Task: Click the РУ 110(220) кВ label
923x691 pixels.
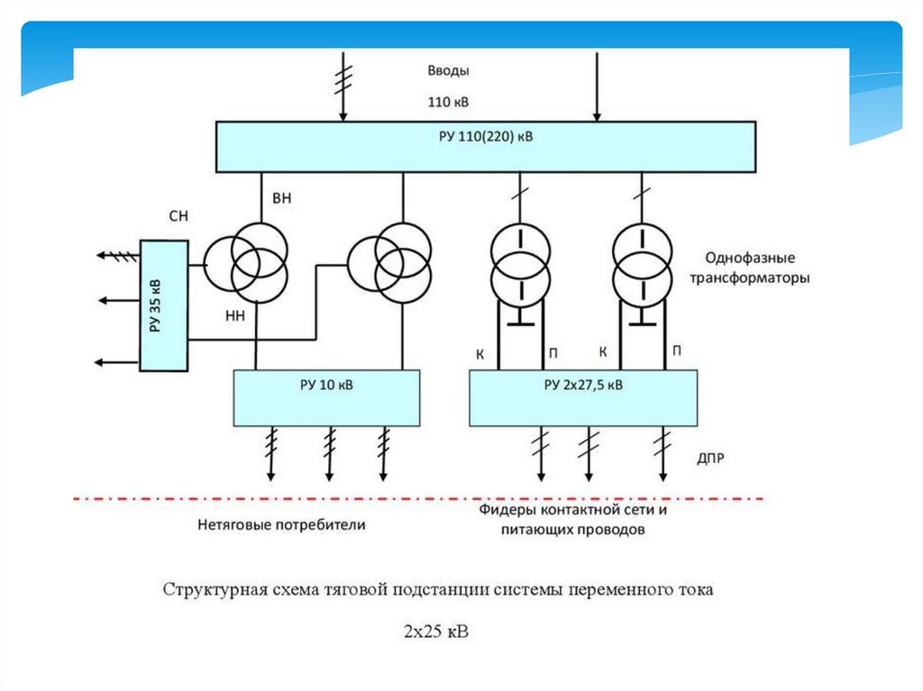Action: click(x=486, y=137)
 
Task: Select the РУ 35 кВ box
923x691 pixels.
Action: click(x=164, y=305)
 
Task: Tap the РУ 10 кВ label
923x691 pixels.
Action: click(x=326, y=385)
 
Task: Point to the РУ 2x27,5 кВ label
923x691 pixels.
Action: click(x=583, y=385)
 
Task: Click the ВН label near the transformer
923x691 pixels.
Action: click(x=281, y=198)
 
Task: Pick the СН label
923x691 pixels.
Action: click(x=178, y=216)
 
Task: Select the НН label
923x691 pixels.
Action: click(x=235, y=316)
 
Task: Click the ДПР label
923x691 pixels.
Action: click(x=710, y=458)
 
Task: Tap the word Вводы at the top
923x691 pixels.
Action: click(x=448, y=70)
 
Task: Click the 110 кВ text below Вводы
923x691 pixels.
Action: click(x=448, y=102)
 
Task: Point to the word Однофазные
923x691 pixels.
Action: click(x=750, y=258)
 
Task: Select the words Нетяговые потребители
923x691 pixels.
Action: click(x=281, y=524)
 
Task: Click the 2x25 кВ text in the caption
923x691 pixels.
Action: click(x=436, y=632)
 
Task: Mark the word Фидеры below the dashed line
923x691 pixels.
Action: click(x=507, y=510)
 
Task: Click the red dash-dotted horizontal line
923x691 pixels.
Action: click(x=418, y=498)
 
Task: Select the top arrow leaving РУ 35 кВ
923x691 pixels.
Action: click(x=118, y=256)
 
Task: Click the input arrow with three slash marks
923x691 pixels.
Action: click(x=343, y=86)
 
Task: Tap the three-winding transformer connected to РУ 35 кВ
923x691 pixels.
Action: click(x=246, y=263)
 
